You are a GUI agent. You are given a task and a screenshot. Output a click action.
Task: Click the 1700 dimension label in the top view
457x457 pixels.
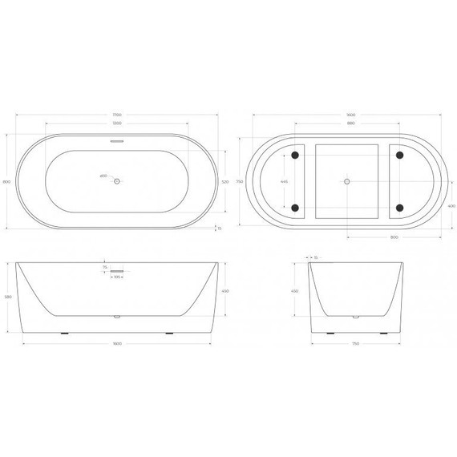[117, 115]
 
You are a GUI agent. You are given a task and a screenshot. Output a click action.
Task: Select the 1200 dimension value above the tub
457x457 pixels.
[117, 124]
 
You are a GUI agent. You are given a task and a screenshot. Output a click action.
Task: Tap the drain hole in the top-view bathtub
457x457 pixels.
[117, 182]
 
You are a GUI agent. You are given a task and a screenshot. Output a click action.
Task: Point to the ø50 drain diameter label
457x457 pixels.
[103, 176]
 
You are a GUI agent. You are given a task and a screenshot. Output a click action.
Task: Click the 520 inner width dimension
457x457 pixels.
[225, 182]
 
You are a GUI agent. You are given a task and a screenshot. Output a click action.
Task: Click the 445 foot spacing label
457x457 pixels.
[283, 182]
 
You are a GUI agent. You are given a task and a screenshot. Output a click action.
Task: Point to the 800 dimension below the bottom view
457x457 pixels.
[394, 238]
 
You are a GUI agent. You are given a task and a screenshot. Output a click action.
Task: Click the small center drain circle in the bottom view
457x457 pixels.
[347, 182]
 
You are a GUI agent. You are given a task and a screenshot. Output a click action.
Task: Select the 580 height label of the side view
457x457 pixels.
[8, 297]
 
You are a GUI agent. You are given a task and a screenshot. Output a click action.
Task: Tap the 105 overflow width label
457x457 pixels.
[117, 277]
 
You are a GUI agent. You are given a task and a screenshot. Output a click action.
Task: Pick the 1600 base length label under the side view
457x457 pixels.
[117, 345]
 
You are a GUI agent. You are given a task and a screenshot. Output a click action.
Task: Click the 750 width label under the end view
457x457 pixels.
[354, 345]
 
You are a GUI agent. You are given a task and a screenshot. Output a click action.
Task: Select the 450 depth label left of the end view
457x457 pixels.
[294, 291]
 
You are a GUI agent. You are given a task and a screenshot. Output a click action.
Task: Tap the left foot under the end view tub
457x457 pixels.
[328, 331]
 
